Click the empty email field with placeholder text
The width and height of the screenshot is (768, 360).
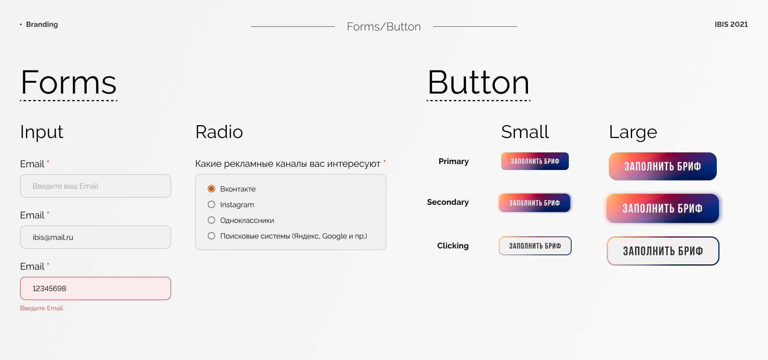click(96, 186)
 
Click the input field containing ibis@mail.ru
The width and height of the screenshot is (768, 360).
click(96, 237)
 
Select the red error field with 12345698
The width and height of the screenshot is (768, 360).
click(96, 288)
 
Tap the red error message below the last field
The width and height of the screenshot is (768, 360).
click(42, 308)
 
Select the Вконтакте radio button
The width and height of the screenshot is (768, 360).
click(212, 189)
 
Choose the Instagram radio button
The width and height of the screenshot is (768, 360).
click(212, 204)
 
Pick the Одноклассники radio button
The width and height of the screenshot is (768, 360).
click(212, 220)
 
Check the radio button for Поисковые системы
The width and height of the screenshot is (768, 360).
click(212, 236)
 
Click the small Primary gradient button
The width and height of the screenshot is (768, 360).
click(535, 161)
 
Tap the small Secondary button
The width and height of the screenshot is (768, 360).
click(534, 203)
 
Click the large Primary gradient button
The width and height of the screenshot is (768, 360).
click(663, 166)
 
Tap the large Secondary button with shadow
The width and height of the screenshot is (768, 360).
click(662, 208)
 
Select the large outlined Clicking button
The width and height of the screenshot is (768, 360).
click(663, 251)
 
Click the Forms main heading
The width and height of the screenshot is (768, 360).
click(68, 82)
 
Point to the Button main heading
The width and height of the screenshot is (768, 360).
click(478, 82)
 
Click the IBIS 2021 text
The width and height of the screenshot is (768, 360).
click(731, 24)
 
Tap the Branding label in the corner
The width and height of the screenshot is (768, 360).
click(42, 24)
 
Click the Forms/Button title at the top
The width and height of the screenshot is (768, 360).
click(384, 26)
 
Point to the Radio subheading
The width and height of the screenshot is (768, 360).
click(219, 132)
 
